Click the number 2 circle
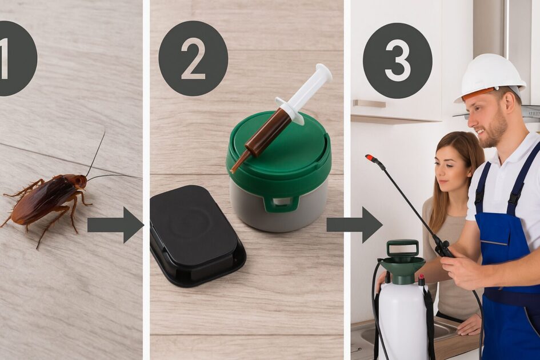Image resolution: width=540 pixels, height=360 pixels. tap(193, 58)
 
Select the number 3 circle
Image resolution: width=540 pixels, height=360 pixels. tap(397, 61)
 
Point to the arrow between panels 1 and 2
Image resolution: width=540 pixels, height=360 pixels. tap(115, 225)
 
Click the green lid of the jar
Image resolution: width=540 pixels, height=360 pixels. tap(279, 151)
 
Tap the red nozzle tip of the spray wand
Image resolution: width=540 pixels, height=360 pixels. tap(371, 158)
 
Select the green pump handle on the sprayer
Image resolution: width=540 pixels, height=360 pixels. tap(403, 247)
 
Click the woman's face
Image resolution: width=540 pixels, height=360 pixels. tap(447, 169)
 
